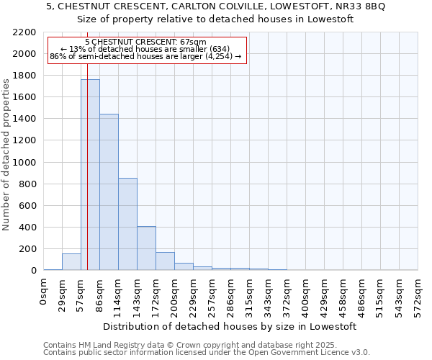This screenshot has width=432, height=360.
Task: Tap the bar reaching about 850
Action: pos(127,224)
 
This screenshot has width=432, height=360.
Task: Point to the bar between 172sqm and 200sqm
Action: pos(165,261)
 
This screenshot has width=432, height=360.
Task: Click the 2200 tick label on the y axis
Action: pos(24,32)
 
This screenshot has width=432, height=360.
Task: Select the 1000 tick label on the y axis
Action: pos(24,163)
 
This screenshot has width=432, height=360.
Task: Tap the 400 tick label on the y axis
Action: pos(27,228)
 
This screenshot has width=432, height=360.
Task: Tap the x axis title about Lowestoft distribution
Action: pos(230,327)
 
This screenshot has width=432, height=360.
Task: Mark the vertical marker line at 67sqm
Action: pos(87,180)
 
